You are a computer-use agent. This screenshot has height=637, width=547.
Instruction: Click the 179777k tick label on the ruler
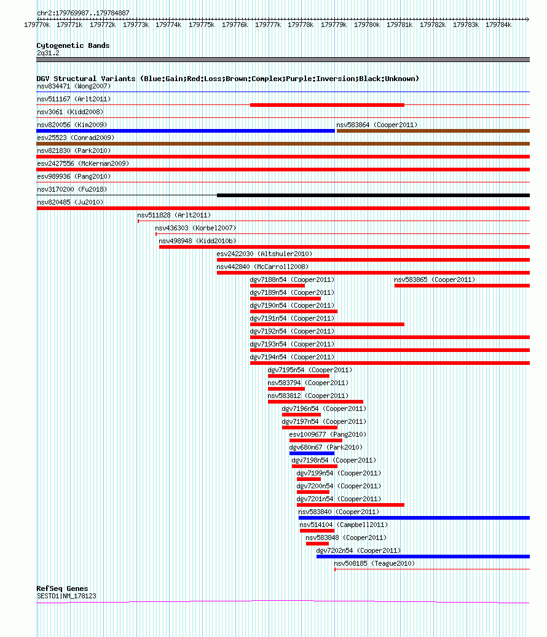click(268, 25)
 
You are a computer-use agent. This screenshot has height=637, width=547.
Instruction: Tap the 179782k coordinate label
click(433, 25)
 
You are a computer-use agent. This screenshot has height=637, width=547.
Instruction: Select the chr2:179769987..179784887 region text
click(84, 13)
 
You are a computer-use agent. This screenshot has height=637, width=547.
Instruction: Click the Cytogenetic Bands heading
click(73, 45)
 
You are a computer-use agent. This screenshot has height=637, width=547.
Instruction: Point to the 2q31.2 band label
click(48, 53)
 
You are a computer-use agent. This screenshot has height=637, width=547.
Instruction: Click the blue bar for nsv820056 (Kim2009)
click(186, 131)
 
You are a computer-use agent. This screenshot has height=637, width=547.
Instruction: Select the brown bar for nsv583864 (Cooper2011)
click(433, 131)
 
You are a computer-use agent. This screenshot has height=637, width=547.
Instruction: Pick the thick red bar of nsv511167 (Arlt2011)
click(327, 105)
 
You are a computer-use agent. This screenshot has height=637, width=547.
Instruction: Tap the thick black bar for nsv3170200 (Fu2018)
click(374, 195)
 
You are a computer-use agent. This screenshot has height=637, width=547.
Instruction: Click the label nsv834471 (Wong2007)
click(74, 86)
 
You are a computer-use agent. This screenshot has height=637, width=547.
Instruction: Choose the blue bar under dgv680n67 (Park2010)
click(312, 453)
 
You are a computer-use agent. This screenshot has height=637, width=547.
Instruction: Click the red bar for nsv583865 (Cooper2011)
click(462, 286)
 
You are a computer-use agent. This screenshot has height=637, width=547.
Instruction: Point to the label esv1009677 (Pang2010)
click(328, 435)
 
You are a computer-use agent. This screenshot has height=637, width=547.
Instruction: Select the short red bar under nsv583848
click(317, 544)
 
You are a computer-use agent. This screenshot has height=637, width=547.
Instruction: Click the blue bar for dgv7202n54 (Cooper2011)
click(423, 557)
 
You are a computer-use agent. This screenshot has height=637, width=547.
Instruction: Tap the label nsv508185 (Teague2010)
click(374, 563)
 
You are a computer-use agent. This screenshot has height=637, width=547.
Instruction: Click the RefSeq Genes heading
click(62, 588)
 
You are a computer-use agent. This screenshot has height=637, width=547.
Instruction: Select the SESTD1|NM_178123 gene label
click(66, 596)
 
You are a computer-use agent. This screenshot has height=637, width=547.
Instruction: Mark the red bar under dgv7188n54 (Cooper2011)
click(278, 286)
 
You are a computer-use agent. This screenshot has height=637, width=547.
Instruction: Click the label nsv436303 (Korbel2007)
click(195, 229)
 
